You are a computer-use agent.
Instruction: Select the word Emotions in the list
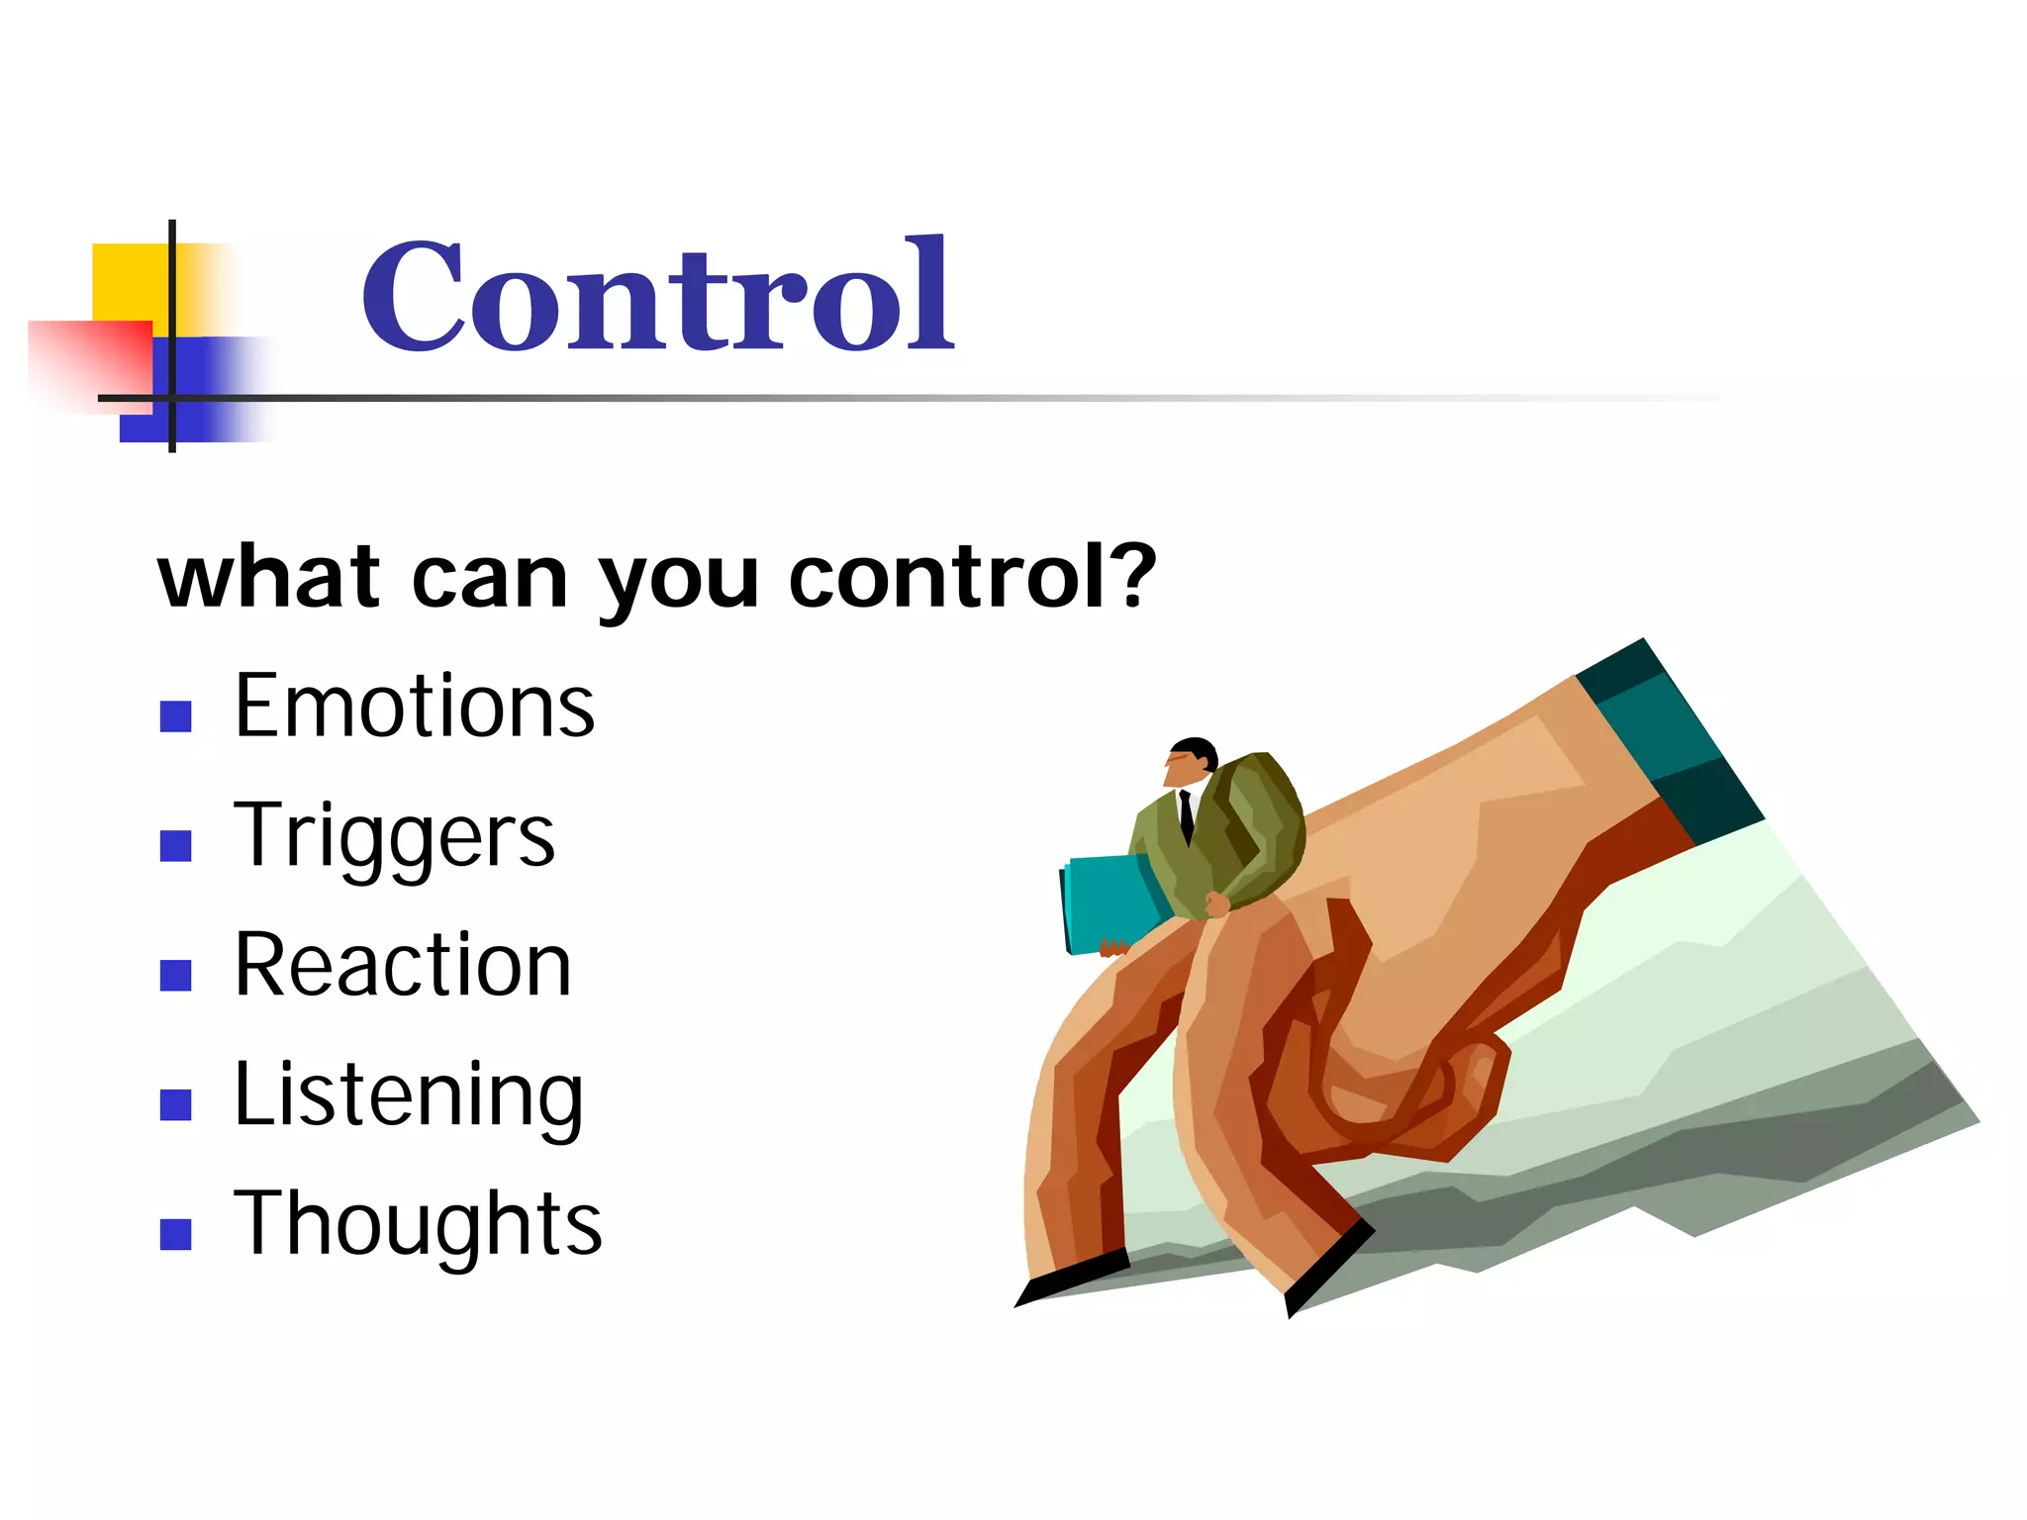[x=414, y=707]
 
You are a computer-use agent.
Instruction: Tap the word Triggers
[x=394, y=837]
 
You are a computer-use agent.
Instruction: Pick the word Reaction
[x=402, y=966]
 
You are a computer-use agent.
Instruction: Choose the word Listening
[x=408, y=1096]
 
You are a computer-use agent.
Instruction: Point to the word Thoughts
[x=417, y=1225]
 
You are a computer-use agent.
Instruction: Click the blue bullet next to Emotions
[x=175, y=716]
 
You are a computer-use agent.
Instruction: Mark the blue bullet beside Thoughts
[x=175, y=1234]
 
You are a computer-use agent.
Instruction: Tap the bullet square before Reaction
[x=175, y=976]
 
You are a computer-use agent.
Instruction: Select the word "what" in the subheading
[x=268, y=578]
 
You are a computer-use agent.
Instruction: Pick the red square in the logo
[x=94, y=361]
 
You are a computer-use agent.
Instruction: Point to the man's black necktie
[x=1186, y=816]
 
